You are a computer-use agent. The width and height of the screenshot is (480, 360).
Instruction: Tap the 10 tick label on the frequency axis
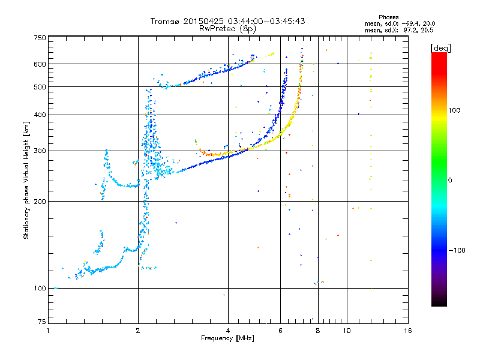pyautogui.click(x=346, y=331)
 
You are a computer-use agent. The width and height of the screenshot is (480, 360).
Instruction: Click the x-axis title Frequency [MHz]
pyautogui.click(x=228, y=338)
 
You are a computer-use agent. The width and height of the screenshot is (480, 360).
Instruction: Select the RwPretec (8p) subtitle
pyautogui.click(x=228, y=28)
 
